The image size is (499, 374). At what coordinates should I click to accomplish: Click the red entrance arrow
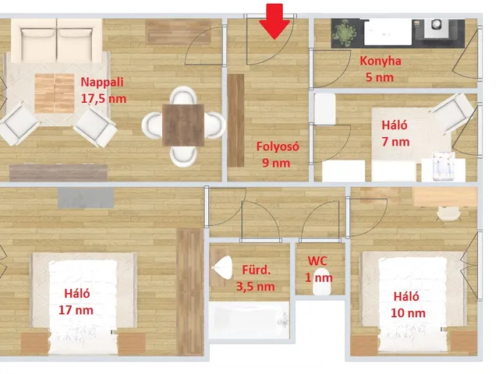(274, 22)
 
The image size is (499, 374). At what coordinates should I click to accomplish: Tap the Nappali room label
(102, 82)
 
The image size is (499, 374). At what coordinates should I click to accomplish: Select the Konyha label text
(380, 61)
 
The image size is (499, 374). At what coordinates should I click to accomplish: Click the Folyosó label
(278, 146)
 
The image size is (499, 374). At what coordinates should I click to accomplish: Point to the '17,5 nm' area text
(104, 99)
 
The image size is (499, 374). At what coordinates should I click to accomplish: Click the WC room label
(317, 261)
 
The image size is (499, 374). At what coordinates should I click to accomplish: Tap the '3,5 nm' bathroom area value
(255, 287)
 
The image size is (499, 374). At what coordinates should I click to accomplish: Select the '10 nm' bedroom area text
(408, 313)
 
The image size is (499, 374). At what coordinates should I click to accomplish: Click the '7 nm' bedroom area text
(395, 142)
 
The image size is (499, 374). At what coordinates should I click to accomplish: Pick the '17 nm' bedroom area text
(76, 310)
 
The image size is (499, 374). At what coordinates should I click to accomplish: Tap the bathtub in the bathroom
(249, 320)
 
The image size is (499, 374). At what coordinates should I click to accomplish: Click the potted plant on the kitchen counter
(343, 32)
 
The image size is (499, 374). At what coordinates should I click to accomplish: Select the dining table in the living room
(183, 125)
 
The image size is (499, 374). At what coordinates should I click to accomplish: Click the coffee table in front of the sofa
(55, 93)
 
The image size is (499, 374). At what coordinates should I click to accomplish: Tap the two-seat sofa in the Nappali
(57, 40)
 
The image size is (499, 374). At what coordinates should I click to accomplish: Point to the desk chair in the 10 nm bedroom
(449, 213)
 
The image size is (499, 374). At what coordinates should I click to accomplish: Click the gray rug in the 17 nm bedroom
(86, 197)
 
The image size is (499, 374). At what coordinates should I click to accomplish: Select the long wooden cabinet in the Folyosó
(235, 121)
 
